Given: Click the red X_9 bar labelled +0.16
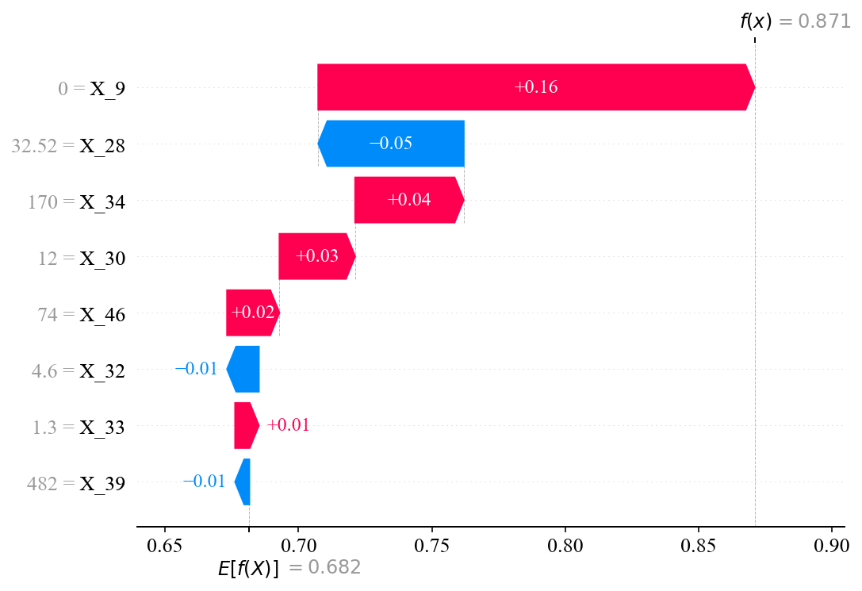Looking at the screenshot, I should click(x=535, y=87).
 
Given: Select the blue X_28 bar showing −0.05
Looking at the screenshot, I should click(x=391, y=144).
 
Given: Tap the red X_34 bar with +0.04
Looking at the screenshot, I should click(x=408, y=200).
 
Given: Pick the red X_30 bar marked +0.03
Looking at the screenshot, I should click(x=316, y=256).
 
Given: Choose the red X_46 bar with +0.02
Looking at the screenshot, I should click(x=252, y=313).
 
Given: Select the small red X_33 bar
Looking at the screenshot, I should click(x=246, y=425).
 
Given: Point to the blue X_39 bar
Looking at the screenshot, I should click(x=243, y=482).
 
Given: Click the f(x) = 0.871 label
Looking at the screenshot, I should click(x=794, y=21).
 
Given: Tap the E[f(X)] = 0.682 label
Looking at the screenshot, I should click(x=289, y=568).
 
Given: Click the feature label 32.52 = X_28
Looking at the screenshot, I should click(x=68, y=144).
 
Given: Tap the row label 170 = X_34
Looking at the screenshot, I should click(x=75, y=201).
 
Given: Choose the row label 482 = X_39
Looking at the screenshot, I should click(x=75, y=482).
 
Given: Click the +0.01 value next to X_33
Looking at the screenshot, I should click(x=288, y=425).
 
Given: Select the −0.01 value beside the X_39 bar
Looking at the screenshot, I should click(x=204, y=482).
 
